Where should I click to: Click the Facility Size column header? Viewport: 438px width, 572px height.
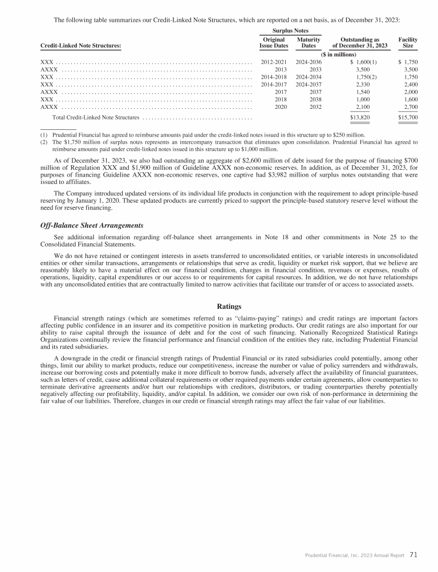pos(408,42)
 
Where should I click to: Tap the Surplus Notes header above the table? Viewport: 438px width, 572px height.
pos(291,30)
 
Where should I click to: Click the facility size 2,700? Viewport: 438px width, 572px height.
pos(410,107)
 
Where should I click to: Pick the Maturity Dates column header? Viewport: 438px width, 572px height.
pos(309,42)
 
